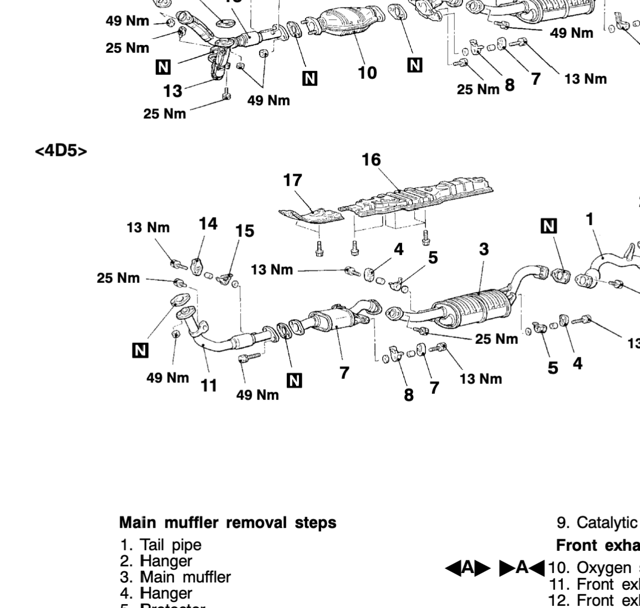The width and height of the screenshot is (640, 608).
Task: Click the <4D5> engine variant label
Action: pos(61,151)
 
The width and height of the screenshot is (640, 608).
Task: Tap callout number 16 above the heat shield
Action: pos(371,160)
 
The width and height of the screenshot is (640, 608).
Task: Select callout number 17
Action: pos(293,180)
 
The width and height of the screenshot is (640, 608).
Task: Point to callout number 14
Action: pos(208,224)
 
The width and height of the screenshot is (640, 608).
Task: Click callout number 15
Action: pos(244,230)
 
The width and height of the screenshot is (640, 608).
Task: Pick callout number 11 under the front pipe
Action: pos(209,384)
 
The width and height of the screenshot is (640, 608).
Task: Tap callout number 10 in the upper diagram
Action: pos(367,73)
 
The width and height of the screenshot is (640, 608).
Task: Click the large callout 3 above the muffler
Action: pos(484,249)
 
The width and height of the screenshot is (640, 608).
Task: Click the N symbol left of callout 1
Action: pos(549,225)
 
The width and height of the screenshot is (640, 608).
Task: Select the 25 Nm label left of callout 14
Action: pos(118,278)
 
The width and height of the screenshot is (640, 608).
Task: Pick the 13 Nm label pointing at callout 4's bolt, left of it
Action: pos(272,270)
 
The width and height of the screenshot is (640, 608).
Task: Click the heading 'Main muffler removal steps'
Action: pos(227,523)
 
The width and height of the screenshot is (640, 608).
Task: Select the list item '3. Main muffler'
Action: pos(175,577)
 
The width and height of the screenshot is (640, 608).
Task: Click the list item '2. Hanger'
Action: pos(158,561)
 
